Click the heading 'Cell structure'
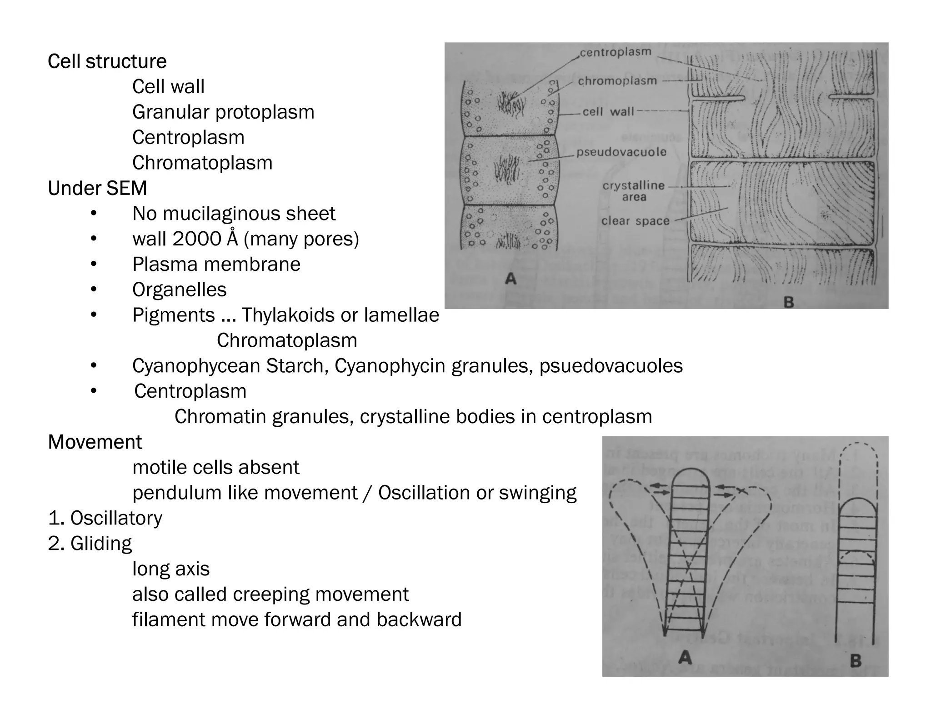click(107, 61)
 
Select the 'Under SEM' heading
click(97, 188)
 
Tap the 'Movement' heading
click(95, 442)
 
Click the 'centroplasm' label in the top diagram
click(616, 53)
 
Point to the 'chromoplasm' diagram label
click(617, 81)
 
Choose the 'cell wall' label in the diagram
click(608, 112)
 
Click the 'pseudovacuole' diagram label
click(621, 152)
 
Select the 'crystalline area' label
click(634, 191)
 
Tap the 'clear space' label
click(635, 221)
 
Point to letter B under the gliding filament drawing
click(856, 660)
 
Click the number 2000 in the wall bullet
click(197, 239)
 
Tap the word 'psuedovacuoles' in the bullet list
click(611, 366)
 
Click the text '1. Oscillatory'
click(105, 518)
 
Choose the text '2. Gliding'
click(90, 544)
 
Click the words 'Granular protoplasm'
click(223, 112)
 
